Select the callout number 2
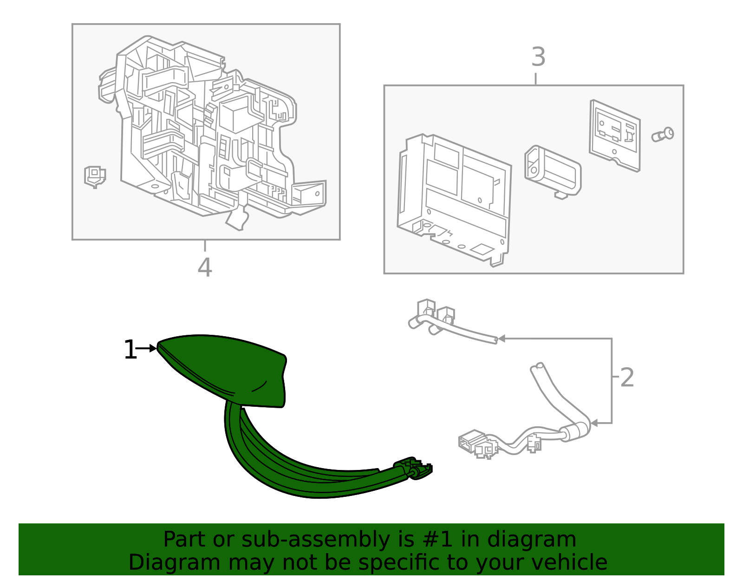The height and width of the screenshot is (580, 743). coord(626,378)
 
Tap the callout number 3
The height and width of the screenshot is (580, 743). coord(538,57)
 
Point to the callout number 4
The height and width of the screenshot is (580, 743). coord(205,267)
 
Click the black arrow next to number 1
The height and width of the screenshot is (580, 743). coord(146,348)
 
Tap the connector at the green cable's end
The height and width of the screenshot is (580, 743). coord(414,468)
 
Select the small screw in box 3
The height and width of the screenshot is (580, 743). coord(662,134)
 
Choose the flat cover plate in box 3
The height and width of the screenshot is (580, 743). coord(615,135)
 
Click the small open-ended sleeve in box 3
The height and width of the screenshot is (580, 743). coord(553,171)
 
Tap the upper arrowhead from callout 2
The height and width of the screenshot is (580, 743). coord(502,339)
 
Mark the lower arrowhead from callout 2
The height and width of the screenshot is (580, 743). coord(594,423)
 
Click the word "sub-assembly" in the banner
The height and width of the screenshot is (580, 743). coord(315,539)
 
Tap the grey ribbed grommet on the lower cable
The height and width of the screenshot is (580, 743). coord(575,432)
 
